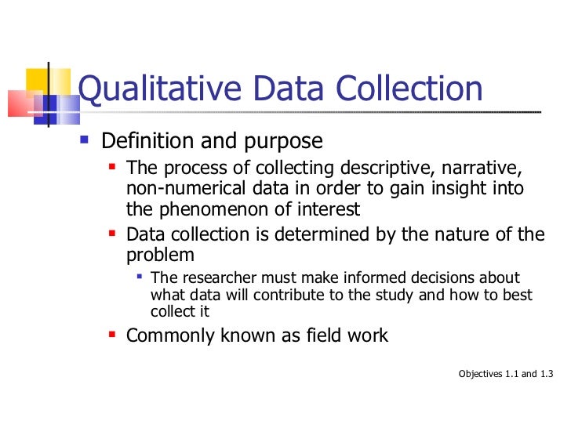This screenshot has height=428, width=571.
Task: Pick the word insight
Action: click(x=443, y=189)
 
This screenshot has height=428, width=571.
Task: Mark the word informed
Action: click(x=391, y=278)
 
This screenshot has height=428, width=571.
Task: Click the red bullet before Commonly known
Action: click(x=113, y=335)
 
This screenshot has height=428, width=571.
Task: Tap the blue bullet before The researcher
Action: click(x=139, y=277)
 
